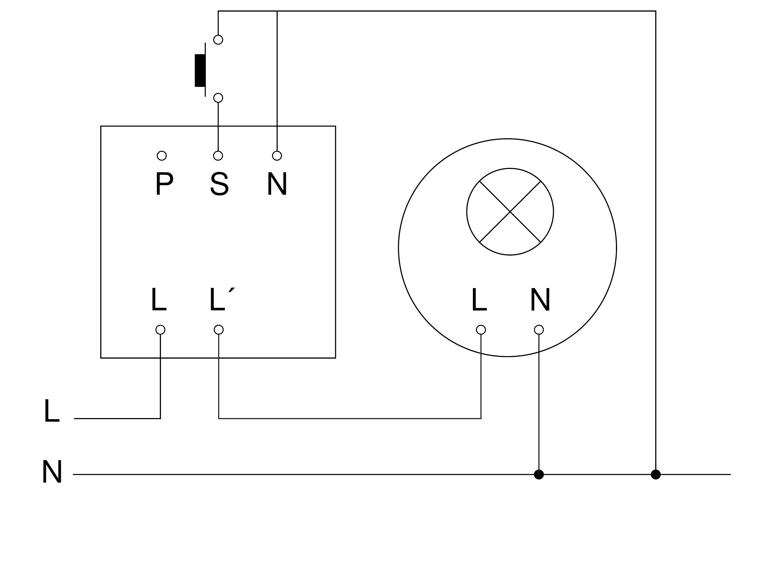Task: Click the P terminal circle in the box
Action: [x=162, y=156]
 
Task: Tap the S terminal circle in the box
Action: [x=218, y=156]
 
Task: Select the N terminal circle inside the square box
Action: [x=277, y=156]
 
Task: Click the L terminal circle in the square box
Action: [x=160, y=330]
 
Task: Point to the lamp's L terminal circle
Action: [x=481, y=330]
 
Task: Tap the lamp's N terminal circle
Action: [x=539, y=330]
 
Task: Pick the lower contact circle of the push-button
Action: [x=218, y=98]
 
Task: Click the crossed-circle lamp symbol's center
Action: [x=510, y=212]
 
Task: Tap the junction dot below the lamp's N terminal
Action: [x=539, y=474]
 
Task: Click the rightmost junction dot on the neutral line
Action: [x=656, y=474]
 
